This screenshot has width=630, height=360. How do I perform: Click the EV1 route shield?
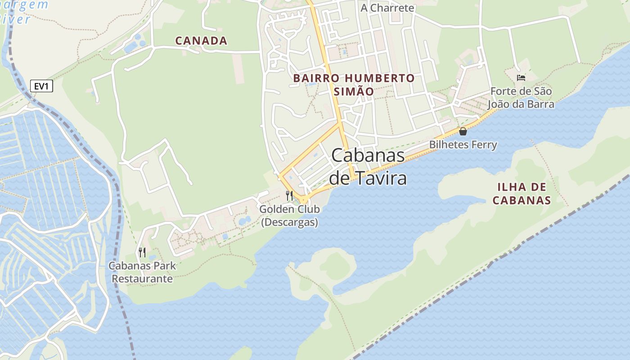tap(41, 86)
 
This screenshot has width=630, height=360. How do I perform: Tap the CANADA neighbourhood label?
tap(201, 40)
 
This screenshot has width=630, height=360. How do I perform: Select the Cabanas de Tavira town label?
tap(368, 166)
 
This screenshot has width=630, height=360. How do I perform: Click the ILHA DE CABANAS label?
tap(522, 193)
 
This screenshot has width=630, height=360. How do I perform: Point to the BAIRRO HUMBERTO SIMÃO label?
tap(354, 85)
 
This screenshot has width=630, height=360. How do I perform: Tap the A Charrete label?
tap(387, 8)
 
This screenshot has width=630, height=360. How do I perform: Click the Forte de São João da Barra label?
tap(521, 98)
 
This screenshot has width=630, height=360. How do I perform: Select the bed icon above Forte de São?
tap(521, 78)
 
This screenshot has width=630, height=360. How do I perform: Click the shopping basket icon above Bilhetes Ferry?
tap(463, 131)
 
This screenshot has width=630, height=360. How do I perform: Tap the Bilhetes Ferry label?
tap(463, 144)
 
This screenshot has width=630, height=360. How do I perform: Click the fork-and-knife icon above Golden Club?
tap(289, 196)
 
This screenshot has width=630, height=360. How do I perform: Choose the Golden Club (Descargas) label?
tap(289, 216)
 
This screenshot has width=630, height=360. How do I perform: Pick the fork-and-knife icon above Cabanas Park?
tap(142, 252)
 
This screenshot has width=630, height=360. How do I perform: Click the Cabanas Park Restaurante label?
tap(142, 272)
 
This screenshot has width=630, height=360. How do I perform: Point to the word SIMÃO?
tap(354, 91)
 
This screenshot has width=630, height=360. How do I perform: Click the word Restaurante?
tap(142, 279)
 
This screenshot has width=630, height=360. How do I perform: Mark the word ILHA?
tap(510, 187)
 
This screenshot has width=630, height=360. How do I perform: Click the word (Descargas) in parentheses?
tap(289, 222)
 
